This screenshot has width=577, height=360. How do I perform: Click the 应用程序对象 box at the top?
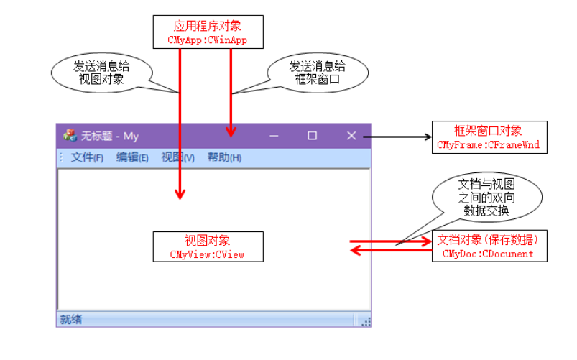click(x=208, y=32)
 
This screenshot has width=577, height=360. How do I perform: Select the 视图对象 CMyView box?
click(x=208, y=246)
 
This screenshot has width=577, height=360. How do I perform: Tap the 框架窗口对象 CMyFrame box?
click(x=489, y=137)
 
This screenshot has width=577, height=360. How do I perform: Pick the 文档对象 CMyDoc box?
click(x=489, y=246)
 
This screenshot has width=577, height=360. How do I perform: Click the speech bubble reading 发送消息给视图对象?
click(x=101, y=73)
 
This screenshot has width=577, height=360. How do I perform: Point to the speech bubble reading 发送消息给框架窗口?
click(x=318, y=73)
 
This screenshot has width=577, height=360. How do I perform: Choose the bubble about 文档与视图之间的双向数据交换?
click(x=486, y=197)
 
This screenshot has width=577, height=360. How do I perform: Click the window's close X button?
click(x=351, y=136)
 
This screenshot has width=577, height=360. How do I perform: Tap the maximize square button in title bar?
click(x=312, y=136)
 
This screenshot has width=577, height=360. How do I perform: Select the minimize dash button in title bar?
click(x=274, y=137)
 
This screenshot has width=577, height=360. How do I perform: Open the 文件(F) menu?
click(x=87, y=157)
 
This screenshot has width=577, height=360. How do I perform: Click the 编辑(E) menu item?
click(x=132, y=157)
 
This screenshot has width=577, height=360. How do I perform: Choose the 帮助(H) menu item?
click(x=224, y=157)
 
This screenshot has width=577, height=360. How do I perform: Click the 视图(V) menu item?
click(x=177, y=157)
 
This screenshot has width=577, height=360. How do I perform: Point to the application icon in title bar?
click(x=70, y=136)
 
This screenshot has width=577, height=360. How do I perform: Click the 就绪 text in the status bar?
click(x=71, y=320)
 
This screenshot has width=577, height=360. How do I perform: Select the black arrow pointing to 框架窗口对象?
click(x=397, y=137)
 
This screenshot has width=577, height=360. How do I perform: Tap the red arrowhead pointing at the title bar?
click(x=231, y=131)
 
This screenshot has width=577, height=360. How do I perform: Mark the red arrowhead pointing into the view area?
click(x=180, y=194)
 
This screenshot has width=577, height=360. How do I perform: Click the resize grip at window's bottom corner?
click(x=366, y=322)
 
